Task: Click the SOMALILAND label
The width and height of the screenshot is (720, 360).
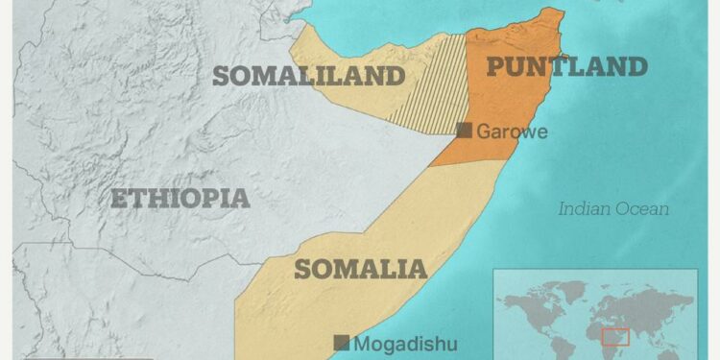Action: [307, 76]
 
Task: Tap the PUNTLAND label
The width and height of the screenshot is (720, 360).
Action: [566, 66]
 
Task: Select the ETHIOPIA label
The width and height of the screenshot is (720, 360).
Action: [180, 199]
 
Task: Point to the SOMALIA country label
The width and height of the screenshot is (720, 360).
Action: [360, 269]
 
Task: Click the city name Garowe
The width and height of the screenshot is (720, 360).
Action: [512, 132]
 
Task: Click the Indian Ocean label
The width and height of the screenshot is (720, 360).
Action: [614, 208]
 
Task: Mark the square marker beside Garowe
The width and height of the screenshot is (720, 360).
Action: [465, 131]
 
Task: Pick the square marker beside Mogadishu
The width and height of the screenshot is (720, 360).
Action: [341, 343]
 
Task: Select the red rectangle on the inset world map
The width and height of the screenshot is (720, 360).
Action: [614, 337]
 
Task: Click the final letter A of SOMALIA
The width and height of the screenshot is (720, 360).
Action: [418, 269]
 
